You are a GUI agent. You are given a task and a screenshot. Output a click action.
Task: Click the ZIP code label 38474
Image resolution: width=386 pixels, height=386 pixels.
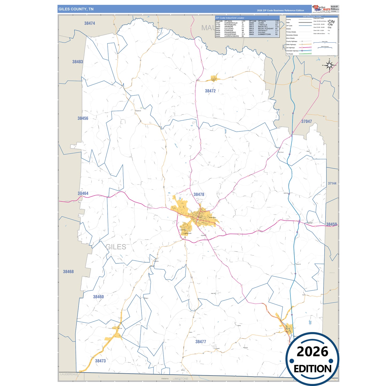pos(89,24)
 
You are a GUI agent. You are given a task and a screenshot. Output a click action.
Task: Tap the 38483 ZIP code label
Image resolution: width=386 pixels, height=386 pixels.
pos(77,62)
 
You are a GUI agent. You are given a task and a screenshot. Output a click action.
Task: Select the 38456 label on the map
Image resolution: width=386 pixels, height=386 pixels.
pos(83,118)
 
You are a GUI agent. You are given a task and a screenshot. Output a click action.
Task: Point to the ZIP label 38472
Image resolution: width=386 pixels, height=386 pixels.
pos(210,91)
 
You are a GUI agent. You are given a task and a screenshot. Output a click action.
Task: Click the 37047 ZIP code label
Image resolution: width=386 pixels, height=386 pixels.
pos(306,122)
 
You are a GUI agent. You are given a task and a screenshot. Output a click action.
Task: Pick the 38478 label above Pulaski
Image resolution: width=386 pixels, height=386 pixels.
pos(199,195)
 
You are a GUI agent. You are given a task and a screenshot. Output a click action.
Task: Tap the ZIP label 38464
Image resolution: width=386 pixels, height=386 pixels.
pos(83,193)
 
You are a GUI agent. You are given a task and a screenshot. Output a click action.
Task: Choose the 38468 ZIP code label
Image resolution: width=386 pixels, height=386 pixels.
pos(68,272)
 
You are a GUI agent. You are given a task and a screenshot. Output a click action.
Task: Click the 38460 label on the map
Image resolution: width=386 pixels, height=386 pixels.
pos(98,297)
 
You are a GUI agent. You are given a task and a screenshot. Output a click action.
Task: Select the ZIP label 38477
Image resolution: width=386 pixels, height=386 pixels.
pos(201,342)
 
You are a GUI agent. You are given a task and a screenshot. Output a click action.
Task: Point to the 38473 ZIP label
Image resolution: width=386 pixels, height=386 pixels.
pos(100,361)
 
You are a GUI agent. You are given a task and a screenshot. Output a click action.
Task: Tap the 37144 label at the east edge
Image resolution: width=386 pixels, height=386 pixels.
pos(332,184)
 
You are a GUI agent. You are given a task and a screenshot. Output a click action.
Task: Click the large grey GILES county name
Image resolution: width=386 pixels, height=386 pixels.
pos(116,247)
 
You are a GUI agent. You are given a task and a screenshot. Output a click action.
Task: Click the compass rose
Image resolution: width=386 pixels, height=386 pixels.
pos(330,65)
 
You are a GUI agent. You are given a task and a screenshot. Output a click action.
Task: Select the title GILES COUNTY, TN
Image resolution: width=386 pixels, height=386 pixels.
pos(76,9)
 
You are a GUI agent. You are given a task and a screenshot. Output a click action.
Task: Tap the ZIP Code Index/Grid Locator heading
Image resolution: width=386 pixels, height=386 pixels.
pos(230,18)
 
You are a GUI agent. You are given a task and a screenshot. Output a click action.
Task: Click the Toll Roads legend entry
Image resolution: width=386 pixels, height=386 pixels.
pos(290,54)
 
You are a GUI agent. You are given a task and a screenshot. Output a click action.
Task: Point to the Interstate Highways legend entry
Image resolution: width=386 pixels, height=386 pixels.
pos(292,51)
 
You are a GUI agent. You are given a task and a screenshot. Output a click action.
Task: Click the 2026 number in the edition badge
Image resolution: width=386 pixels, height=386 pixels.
pos(312,352)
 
